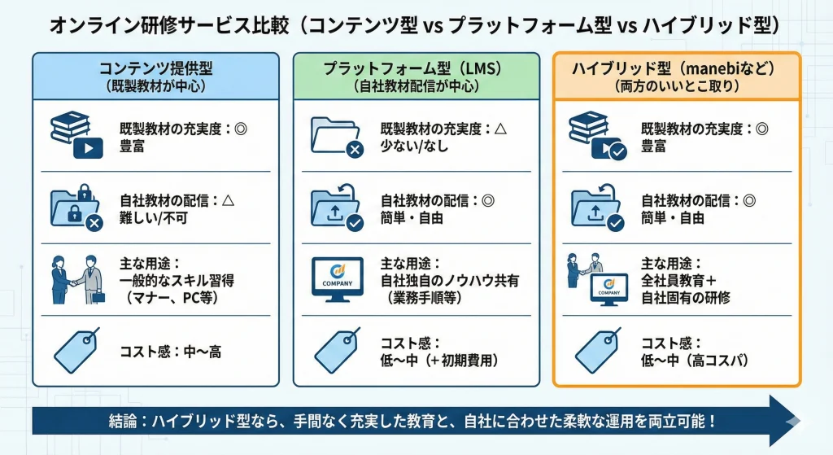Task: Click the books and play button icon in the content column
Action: point(76,135)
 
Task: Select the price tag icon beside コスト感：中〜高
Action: point(76,350)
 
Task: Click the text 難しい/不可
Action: point(154,218)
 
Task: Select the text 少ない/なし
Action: point(414,147)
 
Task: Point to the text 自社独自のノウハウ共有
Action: point(449,281)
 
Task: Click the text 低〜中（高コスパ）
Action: point(696,361)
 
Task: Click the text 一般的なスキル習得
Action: point(177,281)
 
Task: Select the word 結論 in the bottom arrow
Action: point(123,422)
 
